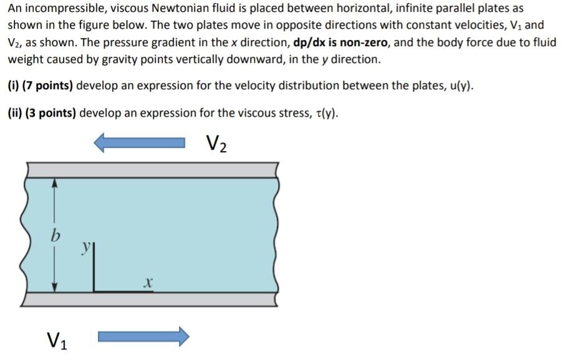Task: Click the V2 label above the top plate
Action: [216, 144]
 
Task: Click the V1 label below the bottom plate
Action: [57, 340]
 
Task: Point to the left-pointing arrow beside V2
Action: [140, 144]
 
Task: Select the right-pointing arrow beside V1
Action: [143, 337]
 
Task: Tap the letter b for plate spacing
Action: [55, 236]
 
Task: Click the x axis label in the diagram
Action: [147, 283]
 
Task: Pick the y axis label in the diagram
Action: [85, 248]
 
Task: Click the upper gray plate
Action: [150, 170]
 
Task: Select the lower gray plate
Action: [150, 299]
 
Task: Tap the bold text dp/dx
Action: [315, 43]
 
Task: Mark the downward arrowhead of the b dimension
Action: [55, 286]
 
